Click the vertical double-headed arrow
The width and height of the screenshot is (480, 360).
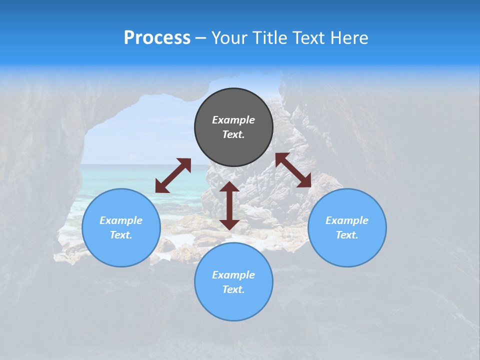[x=229, y=205]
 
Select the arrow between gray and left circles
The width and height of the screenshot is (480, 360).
[x=173, y=175]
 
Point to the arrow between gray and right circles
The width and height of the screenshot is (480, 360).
[x=293, y=170]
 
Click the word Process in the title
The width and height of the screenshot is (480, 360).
[x=157, y=38]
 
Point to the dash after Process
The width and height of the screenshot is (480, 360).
[x=201, y=38]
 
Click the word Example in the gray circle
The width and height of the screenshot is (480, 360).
[x=233, y=120]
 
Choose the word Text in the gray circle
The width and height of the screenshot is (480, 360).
[x=233, y=134]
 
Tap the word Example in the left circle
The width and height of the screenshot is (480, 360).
[x=121, y=220]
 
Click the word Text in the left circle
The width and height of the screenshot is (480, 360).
[x=120, y=235]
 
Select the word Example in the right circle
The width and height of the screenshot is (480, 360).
[x=347, y=220]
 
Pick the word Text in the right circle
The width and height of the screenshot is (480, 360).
[x=346, y=235]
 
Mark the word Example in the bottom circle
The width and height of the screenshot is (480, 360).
[x=233, y=275]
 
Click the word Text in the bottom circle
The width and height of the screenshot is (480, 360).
[x=233, y=289]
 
